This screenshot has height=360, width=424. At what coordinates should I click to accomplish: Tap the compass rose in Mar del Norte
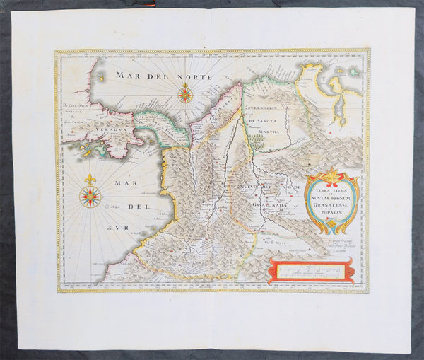click(x=186, y=93)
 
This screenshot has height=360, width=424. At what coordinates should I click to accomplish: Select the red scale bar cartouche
click(x=311, y=270)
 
